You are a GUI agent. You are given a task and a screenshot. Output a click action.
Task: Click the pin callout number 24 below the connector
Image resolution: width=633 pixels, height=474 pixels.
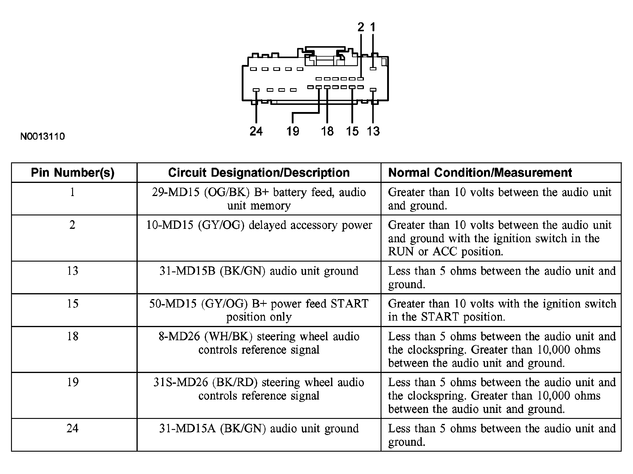[x=256, y=131]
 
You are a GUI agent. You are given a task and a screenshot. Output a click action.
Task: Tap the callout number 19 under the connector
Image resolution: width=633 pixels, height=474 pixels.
[x=293, y=131]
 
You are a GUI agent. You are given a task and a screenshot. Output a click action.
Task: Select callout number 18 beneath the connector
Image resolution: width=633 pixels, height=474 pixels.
[x=327, y=131]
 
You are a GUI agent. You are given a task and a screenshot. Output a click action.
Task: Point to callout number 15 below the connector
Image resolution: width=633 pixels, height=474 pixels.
[x=352, y=131]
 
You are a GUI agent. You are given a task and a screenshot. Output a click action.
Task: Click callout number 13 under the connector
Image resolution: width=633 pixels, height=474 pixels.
[x=373, y=131]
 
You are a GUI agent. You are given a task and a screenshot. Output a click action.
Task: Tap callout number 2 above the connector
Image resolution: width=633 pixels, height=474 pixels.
[x=361, y=27]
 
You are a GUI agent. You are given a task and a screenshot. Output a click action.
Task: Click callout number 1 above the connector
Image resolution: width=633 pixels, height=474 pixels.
[x=373, y=27]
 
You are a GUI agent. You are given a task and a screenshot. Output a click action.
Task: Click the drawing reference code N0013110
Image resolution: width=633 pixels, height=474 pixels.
[x=43, y=136]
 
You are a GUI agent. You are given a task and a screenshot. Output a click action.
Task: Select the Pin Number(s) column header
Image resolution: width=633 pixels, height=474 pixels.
[x=73, y=173]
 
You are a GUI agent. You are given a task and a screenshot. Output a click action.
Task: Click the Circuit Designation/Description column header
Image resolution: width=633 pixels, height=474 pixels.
[x=259, y=173]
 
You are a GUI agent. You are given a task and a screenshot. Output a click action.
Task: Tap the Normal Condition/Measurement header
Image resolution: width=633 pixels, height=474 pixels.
[x=480, y=173]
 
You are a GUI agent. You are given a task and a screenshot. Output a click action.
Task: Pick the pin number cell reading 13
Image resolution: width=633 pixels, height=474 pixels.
[x=72, y=271]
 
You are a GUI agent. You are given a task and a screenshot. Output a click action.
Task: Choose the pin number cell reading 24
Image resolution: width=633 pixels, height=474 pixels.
[x=72, y=428]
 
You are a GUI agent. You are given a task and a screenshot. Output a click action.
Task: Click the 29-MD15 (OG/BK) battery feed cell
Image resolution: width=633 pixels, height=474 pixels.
[x=259, y=199]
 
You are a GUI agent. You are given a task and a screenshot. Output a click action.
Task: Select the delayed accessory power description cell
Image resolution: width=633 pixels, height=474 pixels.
[x=259, y=225]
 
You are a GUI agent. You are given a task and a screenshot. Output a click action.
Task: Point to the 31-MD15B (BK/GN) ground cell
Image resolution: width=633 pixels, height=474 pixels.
[x=259, y=271]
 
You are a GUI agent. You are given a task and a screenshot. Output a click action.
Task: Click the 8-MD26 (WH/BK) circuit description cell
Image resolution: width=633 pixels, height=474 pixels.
[x=259, y=343]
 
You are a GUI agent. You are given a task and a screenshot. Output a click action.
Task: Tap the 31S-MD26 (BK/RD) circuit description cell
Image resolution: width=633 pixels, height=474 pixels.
[x=259, y=389]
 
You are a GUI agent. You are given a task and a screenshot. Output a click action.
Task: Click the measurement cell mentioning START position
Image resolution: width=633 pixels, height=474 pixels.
[x=502, y=310]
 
